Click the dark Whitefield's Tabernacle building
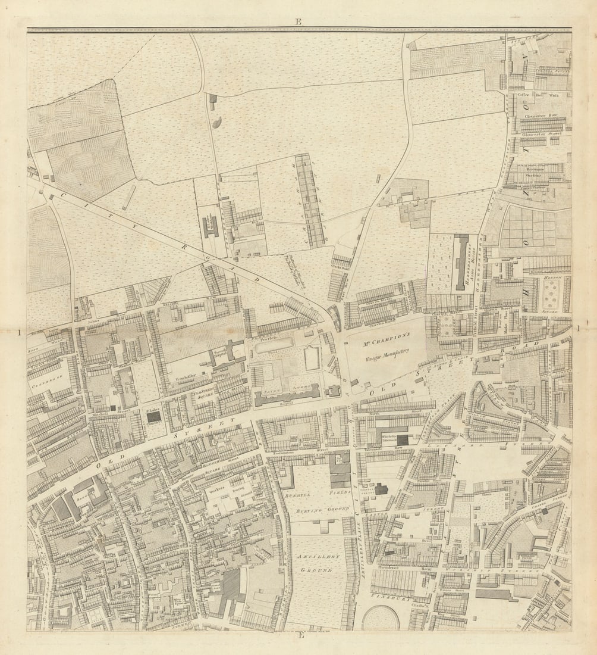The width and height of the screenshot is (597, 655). pyautogui.click(x=403, y=440)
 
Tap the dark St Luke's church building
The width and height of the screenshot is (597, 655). pyautogui.click(x=153, y=417)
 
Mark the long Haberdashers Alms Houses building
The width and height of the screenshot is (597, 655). pyautogui.click(x=461, y=263)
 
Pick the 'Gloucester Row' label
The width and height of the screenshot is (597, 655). pyautogui.click(x=540, y=116)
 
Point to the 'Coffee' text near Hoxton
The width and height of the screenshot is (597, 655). pyautogui.click(x=523, y=95)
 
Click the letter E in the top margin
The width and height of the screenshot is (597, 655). pyautogui.click(x=298, y=22)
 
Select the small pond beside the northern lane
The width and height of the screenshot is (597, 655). pyautogui.click(x=216, y=123)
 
